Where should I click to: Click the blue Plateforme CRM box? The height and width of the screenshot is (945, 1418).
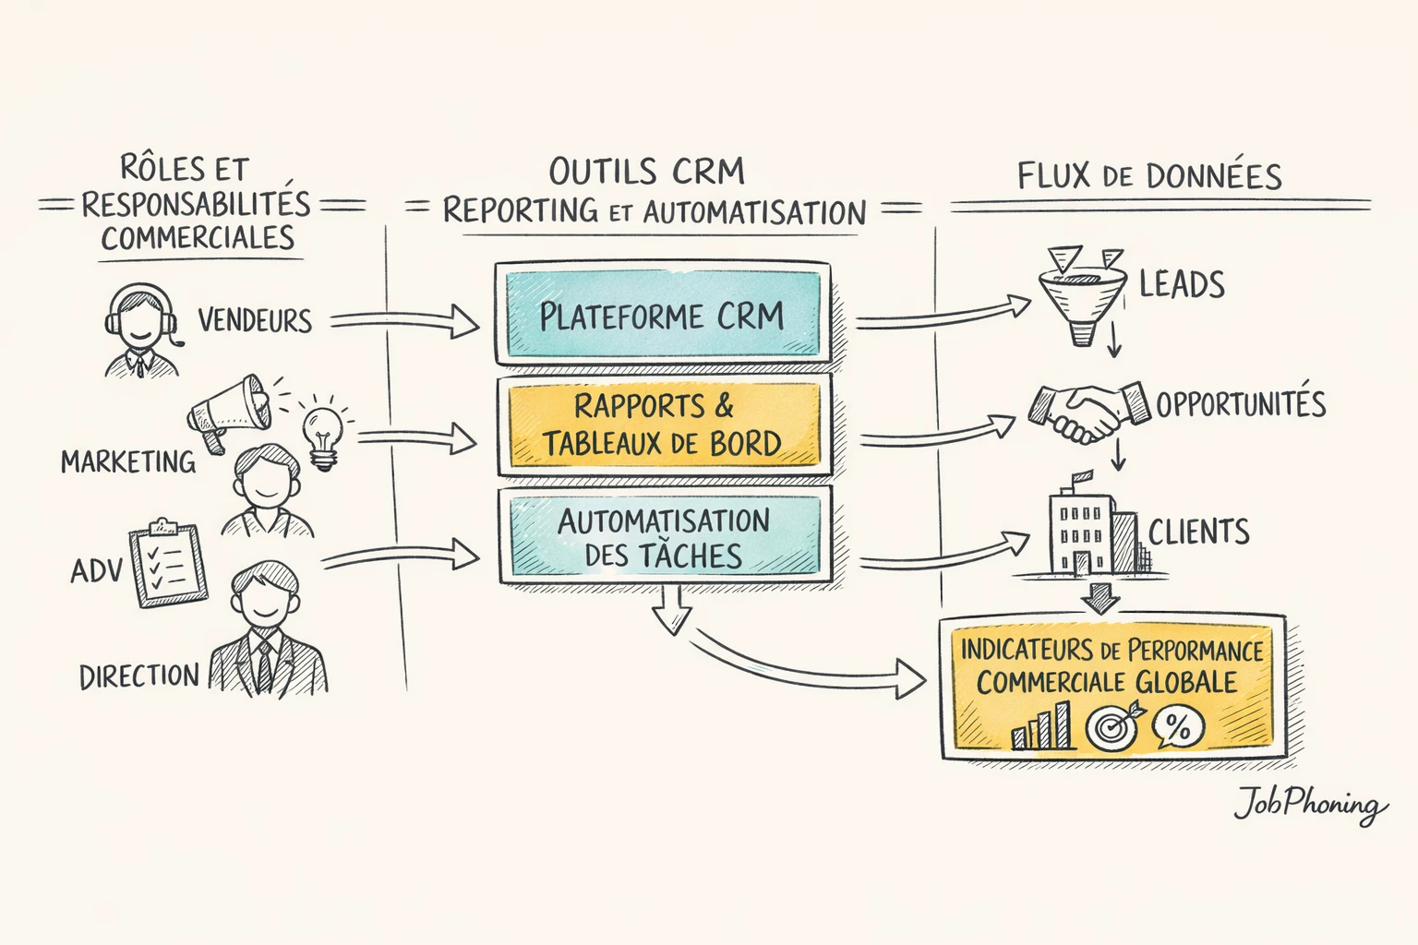pos(662,315)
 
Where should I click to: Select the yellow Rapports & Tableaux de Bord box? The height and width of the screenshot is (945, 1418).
pos(662,425)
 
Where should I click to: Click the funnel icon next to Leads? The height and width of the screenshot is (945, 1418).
pos(1083,293)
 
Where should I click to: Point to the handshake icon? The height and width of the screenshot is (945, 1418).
pos(1089,411)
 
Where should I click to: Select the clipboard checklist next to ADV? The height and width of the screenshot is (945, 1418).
pos(168,565)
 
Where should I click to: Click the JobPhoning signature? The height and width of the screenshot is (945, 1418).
pos(1310,805)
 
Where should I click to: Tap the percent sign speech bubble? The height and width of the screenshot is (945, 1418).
pos(1177,727)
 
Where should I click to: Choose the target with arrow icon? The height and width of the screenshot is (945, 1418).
pos(1112,725)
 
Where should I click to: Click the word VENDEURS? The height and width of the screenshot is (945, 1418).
pos(255,321)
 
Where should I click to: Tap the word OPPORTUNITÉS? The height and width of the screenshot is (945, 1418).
pos(1240,404)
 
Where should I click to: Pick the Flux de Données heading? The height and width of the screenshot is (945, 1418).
pos(1149,176)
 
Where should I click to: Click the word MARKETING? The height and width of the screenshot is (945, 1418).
pos(128,461)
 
